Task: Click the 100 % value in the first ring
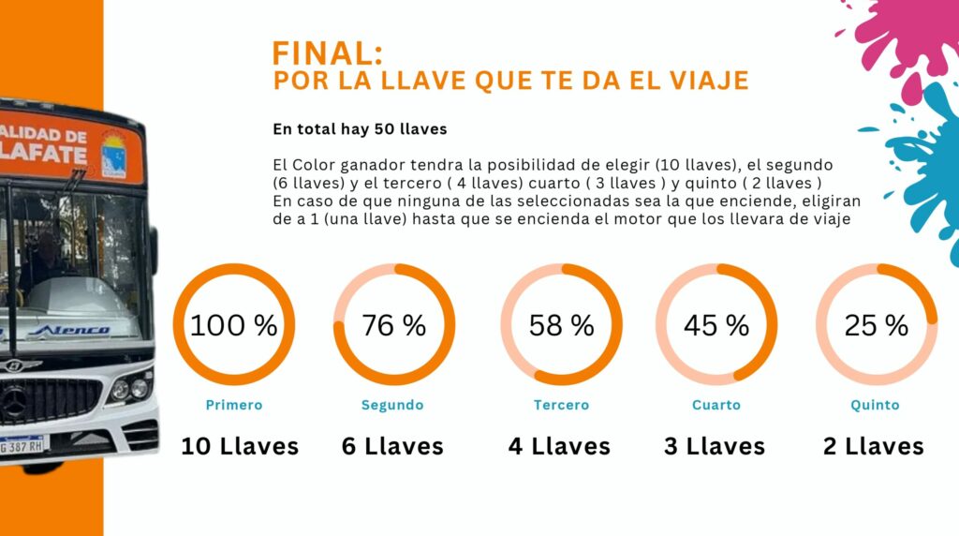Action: click(234, 326)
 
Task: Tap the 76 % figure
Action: click(393, 326)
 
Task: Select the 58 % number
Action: click(561, 326)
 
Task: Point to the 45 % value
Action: click(716, 326)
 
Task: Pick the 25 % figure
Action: click(876, 326)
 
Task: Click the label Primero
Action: click(234, 405)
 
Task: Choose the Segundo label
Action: click(392, 405)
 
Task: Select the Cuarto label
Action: click(716, 405)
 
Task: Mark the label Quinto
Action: click(875, 405)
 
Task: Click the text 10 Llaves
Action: click(240, 446)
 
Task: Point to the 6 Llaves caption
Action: click(392, 446)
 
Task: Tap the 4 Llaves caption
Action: click(559, 446)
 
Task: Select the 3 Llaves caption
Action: click(715, 446)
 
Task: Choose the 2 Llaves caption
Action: click(874, 446)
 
